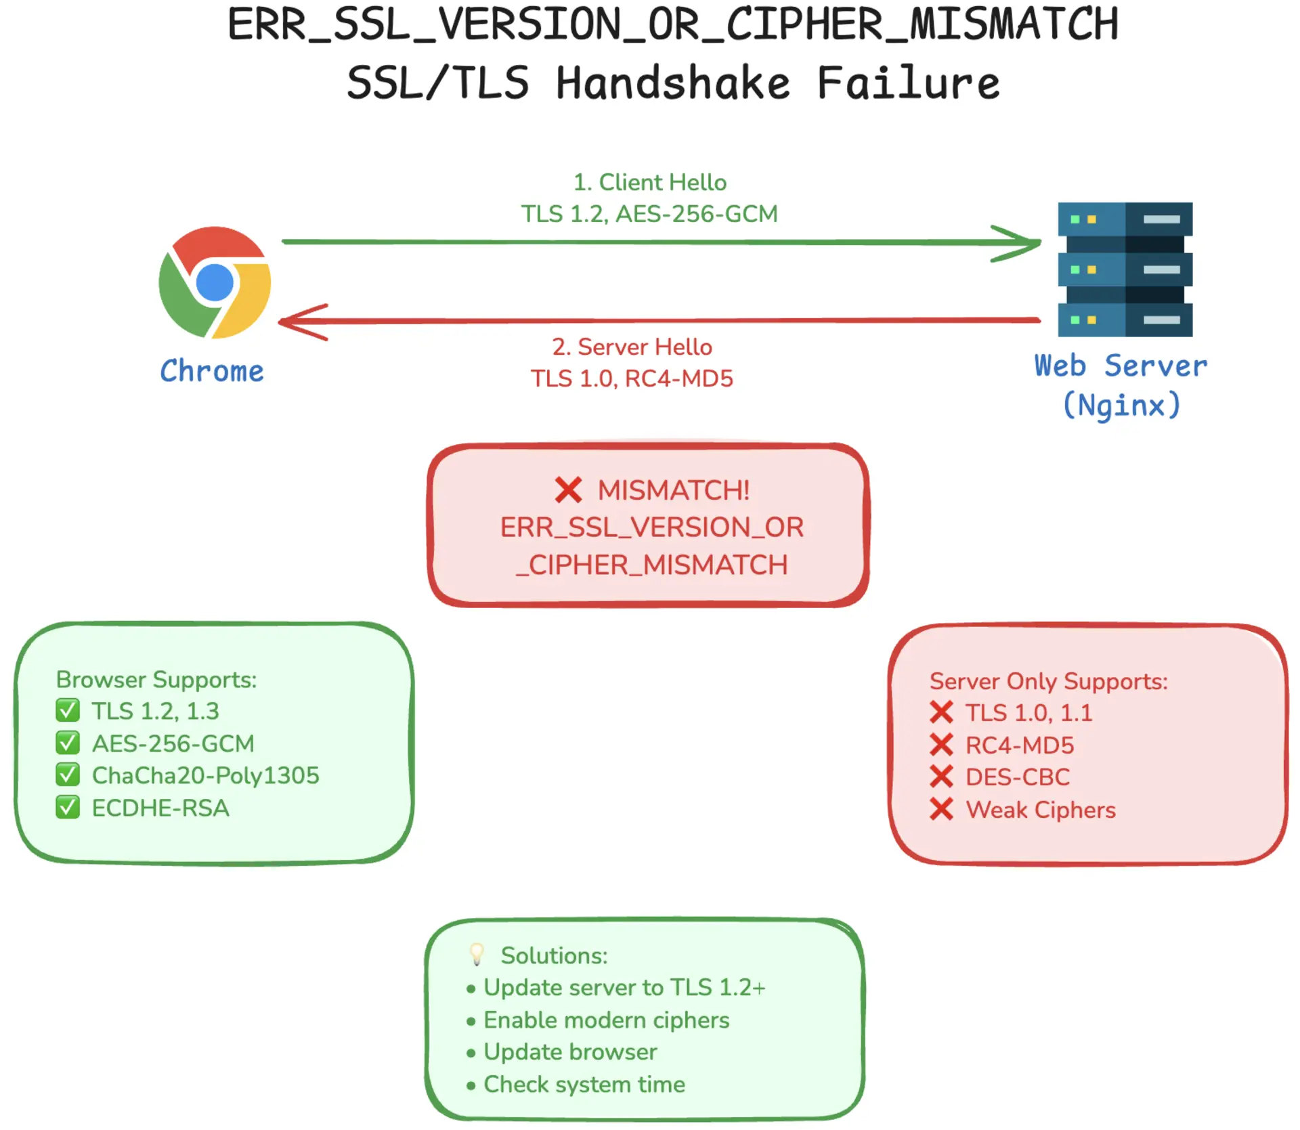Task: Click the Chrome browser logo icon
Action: (x=215, y=282)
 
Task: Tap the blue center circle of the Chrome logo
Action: (x=215, y=282)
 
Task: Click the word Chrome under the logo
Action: (x=212, y=372)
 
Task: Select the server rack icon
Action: (x=1125, y=269)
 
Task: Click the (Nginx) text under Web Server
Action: (x=1121, y=406)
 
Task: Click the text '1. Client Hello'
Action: (x=649, y=182)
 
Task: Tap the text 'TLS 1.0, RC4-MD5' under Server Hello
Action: (x=631, y=378)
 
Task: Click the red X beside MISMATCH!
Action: (x=568, y=490)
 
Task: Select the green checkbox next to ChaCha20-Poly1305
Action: (x=68, y=775)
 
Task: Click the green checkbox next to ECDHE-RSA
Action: (x=68, y=808)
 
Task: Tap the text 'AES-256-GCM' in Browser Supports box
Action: (x=173, y=743)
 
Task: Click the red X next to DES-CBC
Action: (x=941, y=777)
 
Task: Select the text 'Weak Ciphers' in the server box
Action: (x=1040, y=810)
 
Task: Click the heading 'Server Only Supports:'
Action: (x=1048, y=681)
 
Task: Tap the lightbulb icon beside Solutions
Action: (x=477, y=955)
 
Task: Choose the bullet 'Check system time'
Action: (x=584, y=1085)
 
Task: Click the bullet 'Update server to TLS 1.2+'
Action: (x=624, y=988)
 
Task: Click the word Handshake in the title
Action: (x=673, y=83)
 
